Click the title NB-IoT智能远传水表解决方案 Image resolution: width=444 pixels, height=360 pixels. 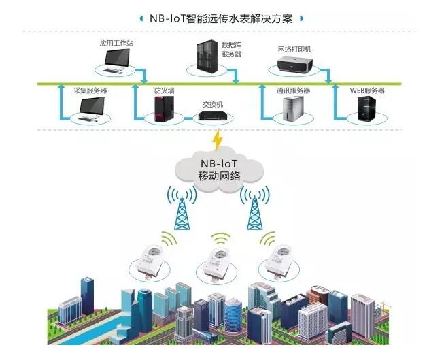(x=221, y=18)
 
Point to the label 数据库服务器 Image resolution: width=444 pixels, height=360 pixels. (x=231, y=50)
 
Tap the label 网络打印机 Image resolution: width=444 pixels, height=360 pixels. (x=294, y=50)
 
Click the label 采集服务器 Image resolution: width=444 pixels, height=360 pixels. (x=90, y=91)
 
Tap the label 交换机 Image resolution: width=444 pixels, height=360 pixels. (x=213, y=104)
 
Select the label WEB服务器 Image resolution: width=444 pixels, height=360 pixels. (x=367, y=91)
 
